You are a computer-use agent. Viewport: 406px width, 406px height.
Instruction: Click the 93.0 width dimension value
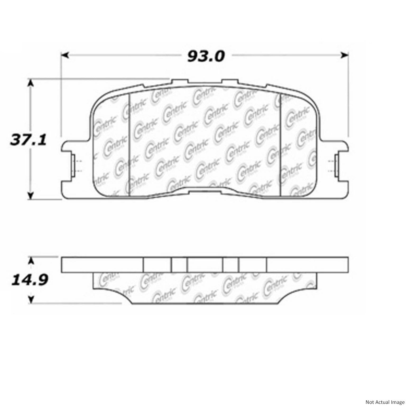pyautogui.click(x=206, y=56)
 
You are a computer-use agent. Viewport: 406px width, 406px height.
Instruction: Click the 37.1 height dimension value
pyautogui.click(x=28, y=140)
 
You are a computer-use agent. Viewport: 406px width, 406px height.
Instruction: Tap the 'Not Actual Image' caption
pyautogui.click(x=385, y=402)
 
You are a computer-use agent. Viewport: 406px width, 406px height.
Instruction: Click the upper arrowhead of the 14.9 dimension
pyautogui.click(x=31, y=261)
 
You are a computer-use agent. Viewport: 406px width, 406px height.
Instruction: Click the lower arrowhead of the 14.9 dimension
pyautogui.click(x=31, y=299)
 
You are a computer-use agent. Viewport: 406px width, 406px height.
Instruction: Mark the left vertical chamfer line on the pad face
pyautogui.click(x=129, y=145)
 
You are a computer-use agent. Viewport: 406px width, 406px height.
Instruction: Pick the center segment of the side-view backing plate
pyautogui.click(x=205, y=265)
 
